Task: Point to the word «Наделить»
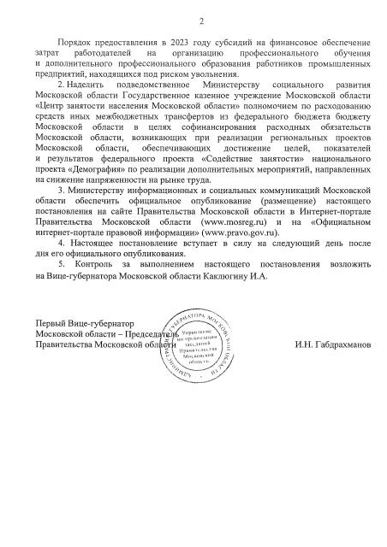click(x=87, y=86)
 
